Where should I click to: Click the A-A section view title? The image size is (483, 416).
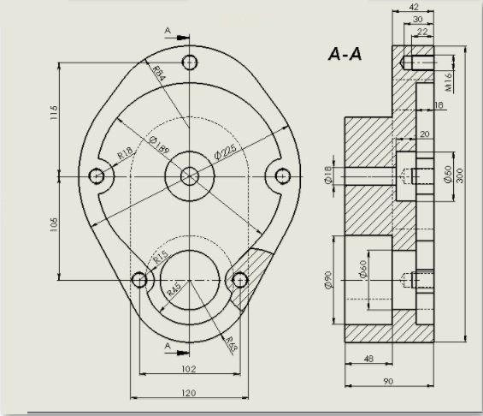345,54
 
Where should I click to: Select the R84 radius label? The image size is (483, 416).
160,74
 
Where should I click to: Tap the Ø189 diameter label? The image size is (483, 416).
158,145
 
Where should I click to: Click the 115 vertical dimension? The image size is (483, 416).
53,114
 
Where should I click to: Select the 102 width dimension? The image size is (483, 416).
189,369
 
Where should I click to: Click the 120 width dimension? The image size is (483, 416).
189,393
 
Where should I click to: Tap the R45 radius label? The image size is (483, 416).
174,288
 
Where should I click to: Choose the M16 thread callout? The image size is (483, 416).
448,81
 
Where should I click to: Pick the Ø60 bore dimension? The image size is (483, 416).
362,272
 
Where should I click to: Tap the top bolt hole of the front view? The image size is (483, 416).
190,62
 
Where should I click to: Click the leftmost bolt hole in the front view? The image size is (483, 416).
97,175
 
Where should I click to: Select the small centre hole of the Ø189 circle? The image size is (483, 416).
190,175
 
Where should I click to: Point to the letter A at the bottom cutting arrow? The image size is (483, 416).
168,345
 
